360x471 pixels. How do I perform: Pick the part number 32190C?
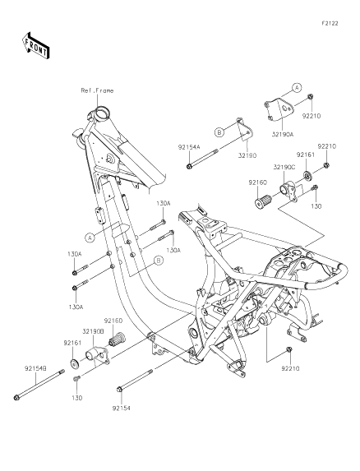(284, 167)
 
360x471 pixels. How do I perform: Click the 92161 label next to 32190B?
(70, 340)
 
